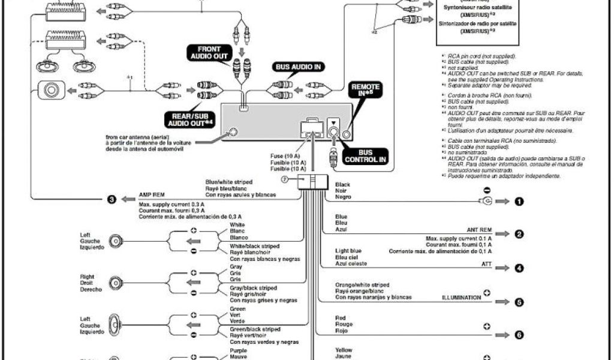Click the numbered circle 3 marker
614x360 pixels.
pyautogui.click(x=112, y=199)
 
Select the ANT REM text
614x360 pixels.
pyautogui.click(x=479, y=230)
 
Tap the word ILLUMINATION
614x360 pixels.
pyautogui.click(x=462, y=297)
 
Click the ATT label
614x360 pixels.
pyautogui.click(x=486, y=263)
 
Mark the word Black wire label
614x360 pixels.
pyautogui.click(x=343, y=185)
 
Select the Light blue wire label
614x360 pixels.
pyautogui.click(x=348, y=251)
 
